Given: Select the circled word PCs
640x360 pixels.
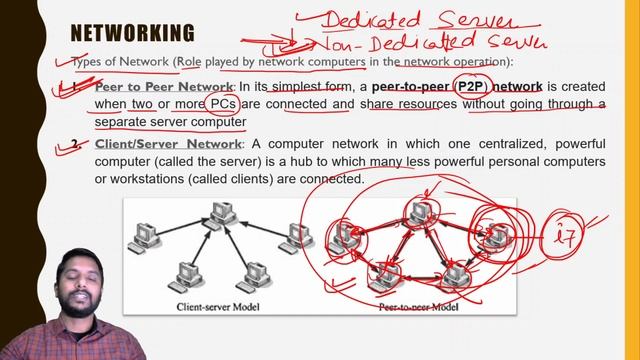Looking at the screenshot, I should [x=219, y=105].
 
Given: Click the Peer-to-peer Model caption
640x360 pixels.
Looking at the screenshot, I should [x=419, y=309].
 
